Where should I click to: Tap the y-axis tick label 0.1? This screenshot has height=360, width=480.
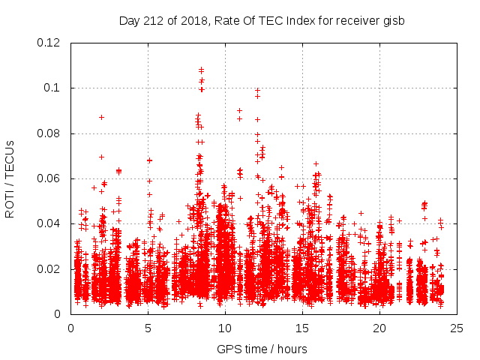(52, 88)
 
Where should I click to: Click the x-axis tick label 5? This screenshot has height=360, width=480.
(148, 328)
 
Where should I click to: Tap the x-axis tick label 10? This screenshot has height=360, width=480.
(225, 328)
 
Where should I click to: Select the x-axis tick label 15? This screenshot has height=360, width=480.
(302, 328)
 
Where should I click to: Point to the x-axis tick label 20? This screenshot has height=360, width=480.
(379, 328)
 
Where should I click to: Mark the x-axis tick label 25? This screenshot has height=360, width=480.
(457, 328)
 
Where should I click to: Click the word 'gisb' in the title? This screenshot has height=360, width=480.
(393, 20)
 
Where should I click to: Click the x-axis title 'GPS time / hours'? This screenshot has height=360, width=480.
(262, 349)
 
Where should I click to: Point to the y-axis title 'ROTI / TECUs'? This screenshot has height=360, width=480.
(10, 178)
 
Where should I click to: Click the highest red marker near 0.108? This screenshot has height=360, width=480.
(201, 70)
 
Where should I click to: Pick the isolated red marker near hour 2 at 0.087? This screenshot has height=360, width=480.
(101, 117)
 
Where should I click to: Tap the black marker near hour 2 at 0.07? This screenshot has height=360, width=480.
(101, 157)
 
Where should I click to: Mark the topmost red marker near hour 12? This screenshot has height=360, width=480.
(257, 90)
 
